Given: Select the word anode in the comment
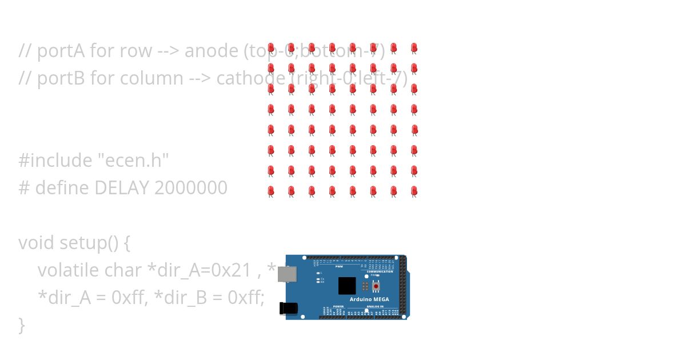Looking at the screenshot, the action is (x=212, y=51).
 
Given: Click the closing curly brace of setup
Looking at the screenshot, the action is (x=22, y=325).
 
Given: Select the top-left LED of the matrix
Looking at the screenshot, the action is (x=271, y=48).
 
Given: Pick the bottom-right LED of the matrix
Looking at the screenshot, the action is (x=414, y=191).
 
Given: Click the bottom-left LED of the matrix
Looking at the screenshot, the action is (x=271, y=191).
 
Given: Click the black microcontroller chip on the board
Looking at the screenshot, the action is (x=346, y=286).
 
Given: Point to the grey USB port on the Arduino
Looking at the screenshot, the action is (x=286, y=274).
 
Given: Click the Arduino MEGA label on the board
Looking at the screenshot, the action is (x=369, y=299).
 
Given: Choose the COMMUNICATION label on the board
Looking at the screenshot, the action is (x=380, y=271).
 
